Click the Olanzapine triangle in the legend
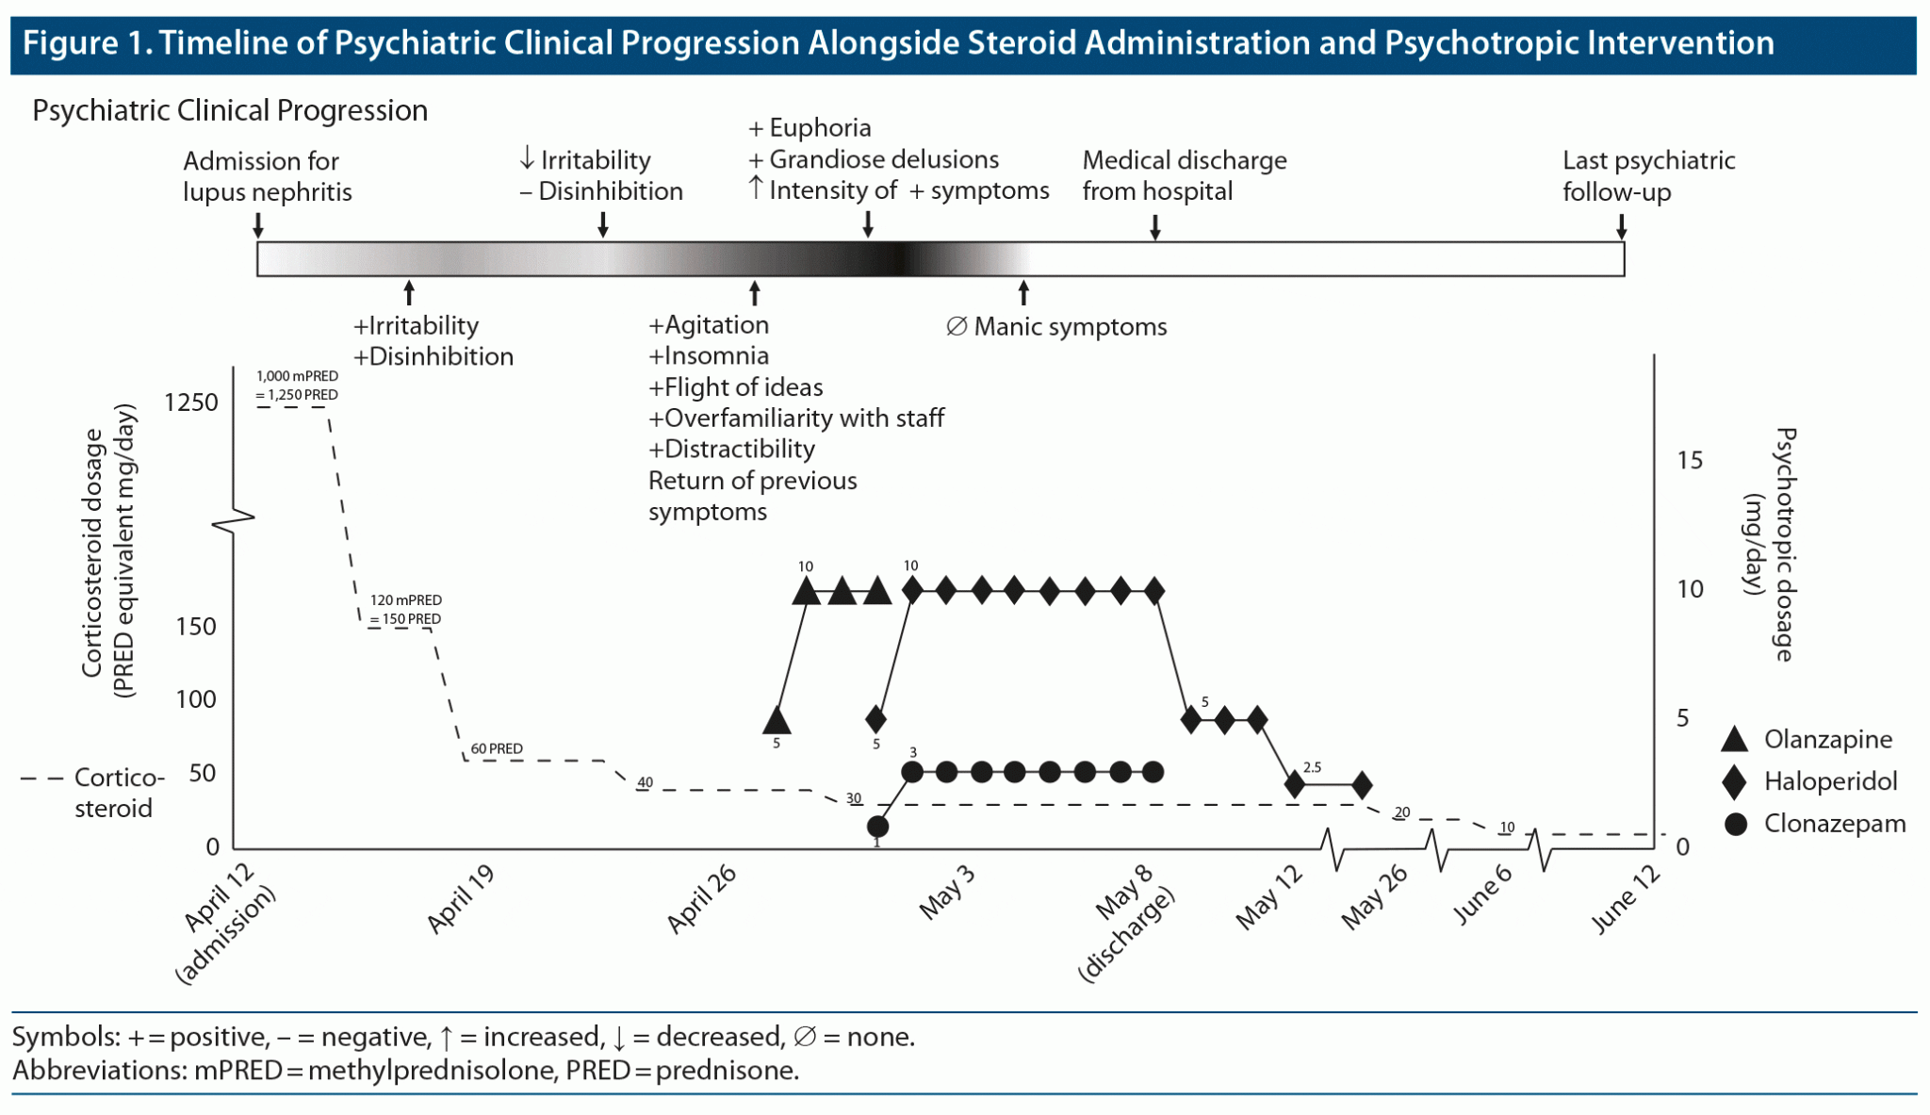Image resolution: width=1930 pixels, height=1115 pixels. (1734, 740)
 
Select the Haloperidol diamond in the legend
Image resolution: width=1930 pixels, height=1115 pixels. (1734, 781)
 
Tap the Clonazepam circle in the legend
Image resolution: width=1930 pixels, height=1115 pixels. (1735, 824)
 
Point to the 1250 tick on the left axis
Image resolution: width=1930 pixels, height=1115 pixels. (190, 402)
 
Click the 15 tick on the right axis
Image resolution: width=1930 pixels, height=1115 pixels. (1690, 460)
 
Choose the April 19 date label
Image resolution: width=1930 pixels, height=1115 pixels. (460, 899)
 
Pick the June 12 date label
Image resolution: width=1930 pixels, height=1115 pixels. (1625, 899)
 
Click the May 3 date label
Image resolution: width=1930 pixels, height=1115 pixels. (946, 893)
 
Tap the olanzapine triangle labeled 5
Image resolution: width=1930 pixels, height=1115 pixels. (777, 721)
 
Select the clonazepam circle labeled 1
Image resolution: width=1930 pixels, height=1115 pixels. (877, 827)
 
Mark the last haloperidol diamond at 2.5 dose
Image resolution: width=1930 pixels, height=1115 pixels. (1362, 784)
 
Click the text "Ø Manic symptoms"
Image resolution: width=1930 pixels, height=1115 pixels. (1056, 327)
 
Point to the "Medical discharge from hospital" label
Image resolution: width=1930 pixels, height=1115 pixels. (1184, 175)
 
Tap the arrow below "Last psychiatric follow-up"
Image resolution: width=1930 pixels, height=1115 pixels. (1621, 226)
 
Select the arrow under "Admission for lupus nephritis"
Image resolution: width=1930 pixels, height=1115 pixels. (258, 226)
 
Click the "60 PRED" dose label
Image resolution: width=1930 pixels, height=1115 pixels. (497, 748)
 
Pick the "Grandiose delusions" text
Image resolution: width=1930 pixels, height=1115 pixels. (883, 159)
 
